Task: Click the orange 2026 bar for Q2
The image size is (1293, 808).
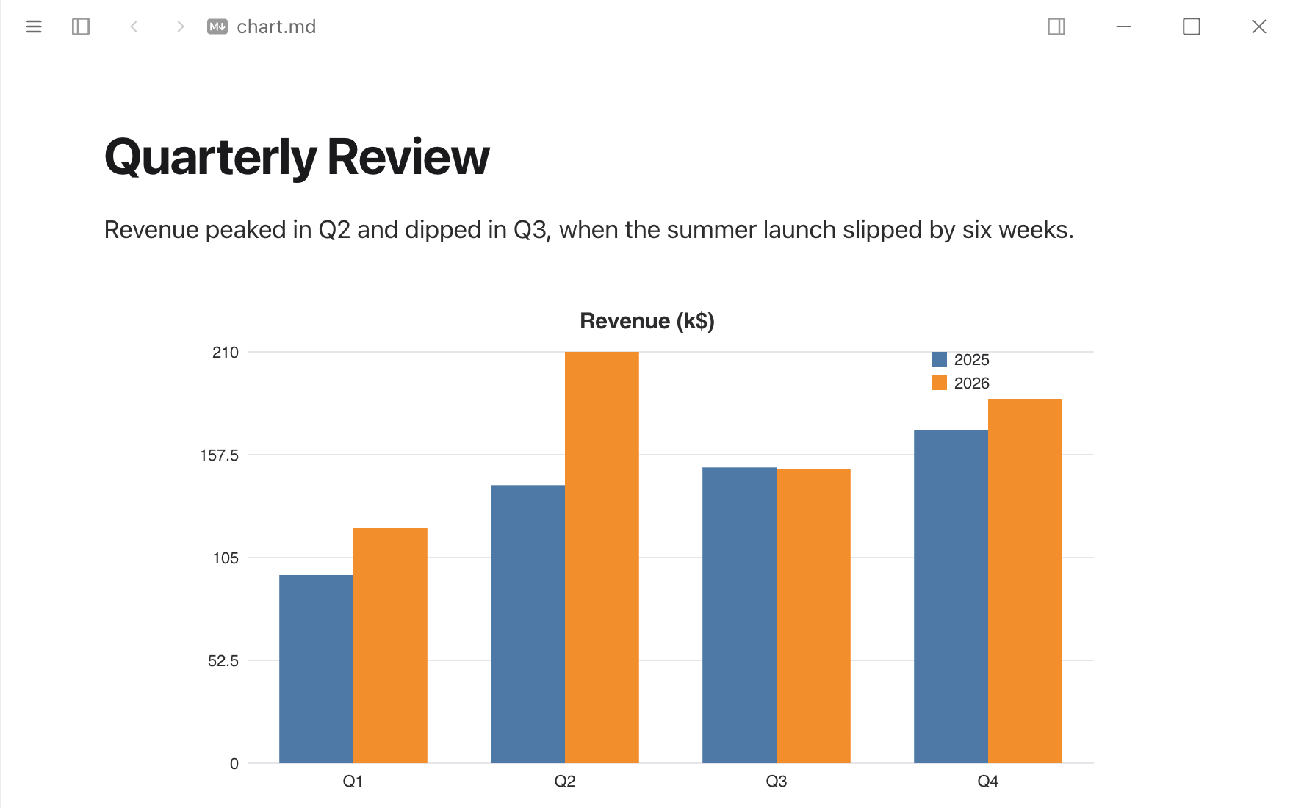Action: tap(602, 558)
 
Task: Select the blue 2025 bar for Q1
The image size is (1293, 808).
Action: tap(317, 669)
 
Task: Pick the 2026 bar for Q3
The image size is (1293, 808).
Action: tap(813, 616)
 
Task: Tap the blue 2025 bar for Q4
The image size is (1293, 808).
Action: tap(951, 596)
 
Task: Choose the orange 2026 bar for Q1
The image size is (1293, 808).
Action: tap(390, 646)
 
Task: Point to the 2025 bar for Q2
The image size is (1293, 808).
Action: tap(528, 624)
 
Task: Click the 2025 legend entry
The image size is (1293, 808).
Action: tap(961, 359)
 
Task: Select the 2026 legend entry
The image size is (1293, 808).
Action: tap(961, 383)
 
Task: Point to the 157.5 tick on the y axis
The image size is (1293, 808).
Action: tap(219, 455)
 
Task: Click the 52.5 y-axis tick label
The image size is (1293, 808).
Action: tap(223, 661)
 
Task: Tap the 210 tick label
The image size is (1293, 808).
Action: tap(226, 353)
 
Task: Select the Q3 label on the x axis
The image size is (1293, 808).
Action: tap(777, 782)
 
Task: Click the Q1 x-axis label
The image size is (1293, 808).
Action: tap(353, 782)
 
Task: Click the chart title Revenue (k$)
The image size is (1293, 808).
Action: tap(647, 321)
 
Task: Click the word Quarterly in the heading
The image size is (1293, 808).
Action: tap(211, 158)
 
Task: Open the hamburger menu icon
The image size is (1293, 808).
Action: tap(34, 26)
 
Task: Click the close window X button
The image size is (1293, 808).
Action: tap(1259, 26)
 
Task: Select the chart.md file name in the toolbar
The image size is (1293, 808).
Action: tap(276, 26)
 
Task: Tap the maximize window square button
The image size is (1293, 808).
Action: tap(1192, 26)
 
